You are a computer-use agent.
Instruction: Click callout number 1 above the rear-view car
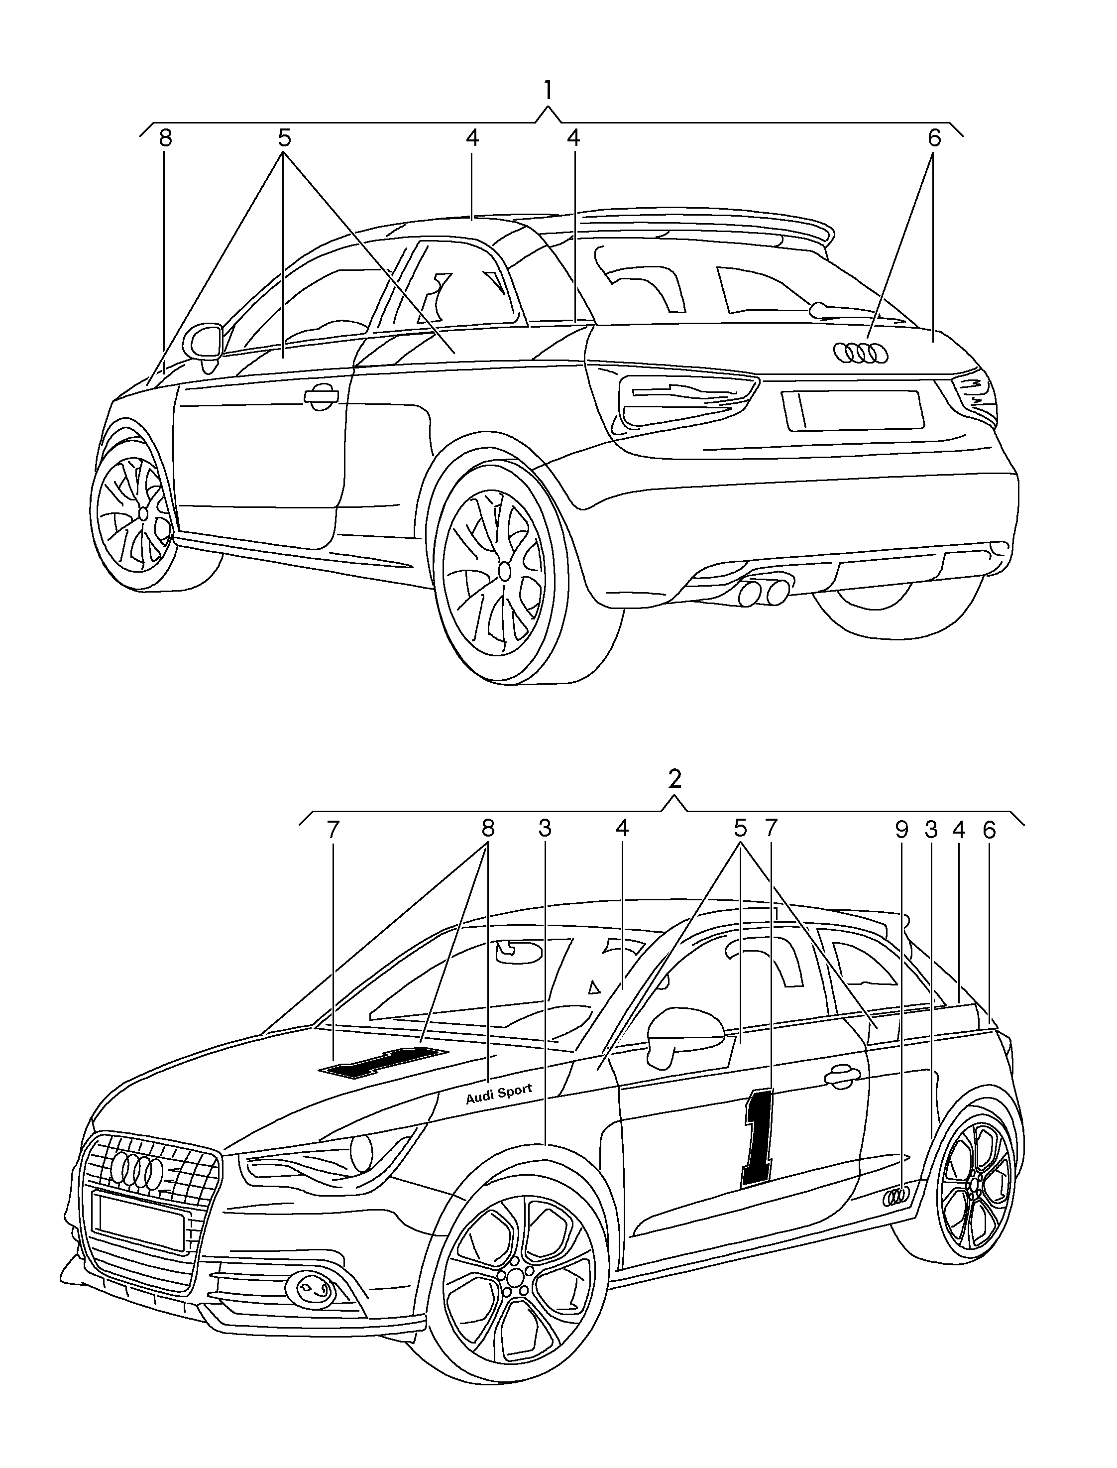coord(548,91)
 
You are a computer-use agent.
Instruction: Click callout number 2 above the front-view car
coord(675,779)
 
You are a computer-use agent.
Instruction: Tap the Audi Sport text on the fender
coord(499,1094)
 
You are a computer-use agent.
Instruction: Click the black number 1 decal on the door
coord(759,1137)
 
